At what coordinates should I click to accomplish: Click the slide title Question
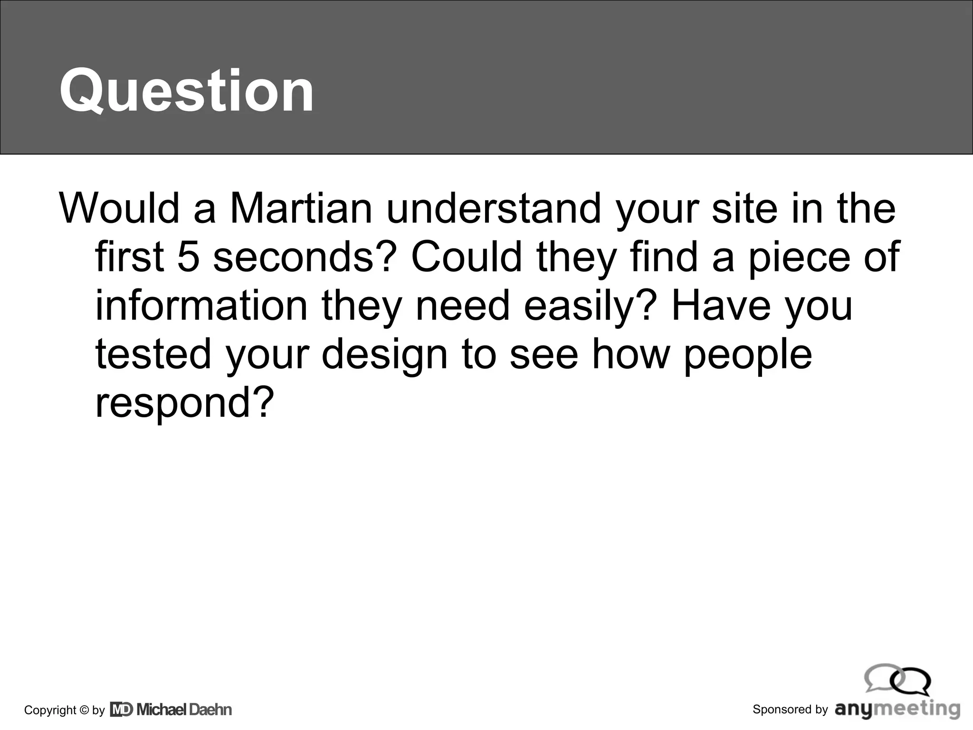pyautogui.click(x=186, y=90)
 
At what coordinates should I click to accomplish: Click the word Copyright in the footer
pyautogui.click(x=50, y=711)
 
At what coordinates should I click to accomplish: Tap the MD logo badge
pyautogui.click(x=122, y=710)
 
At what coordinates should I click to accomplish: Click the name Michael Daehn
pyautogui.click(x=184, y=710)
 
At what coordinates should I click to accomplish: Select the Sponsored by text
pyautogui.click(x=790, y=710)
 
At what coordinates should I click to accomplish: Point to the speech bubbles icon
pyautogui.click(x=897, y=679)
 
